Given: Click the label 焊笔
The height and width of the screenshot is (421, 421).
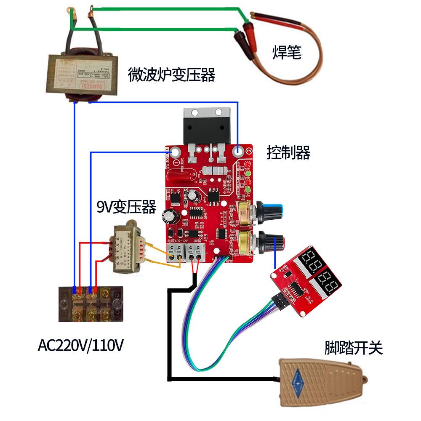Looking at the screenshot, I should pyautogui.click(x=287, y=53).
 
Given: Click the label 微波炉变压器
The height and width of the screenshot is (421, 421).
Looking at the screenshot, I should pyautogui.click(x=171, y=75).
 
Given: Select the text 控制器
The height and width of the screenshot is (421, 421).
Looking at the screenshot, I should pyautogui.click(x=288, y=152).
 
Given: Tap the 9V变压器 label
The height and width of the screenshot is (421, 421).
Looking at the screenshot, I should pyautogui.click(x=126, y=207).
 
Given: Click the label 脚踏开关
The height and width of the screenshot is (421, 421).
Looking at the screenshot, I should pyautogui.click(x=353, y=348).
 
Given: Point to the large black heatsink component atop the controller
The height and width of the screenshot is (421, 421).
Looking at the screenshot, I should pyautogui.click(x=207, y=126).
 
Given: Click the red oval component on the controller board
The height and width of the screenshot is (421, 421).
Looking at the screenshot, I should pyautogui.click(x=181, y=173).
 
